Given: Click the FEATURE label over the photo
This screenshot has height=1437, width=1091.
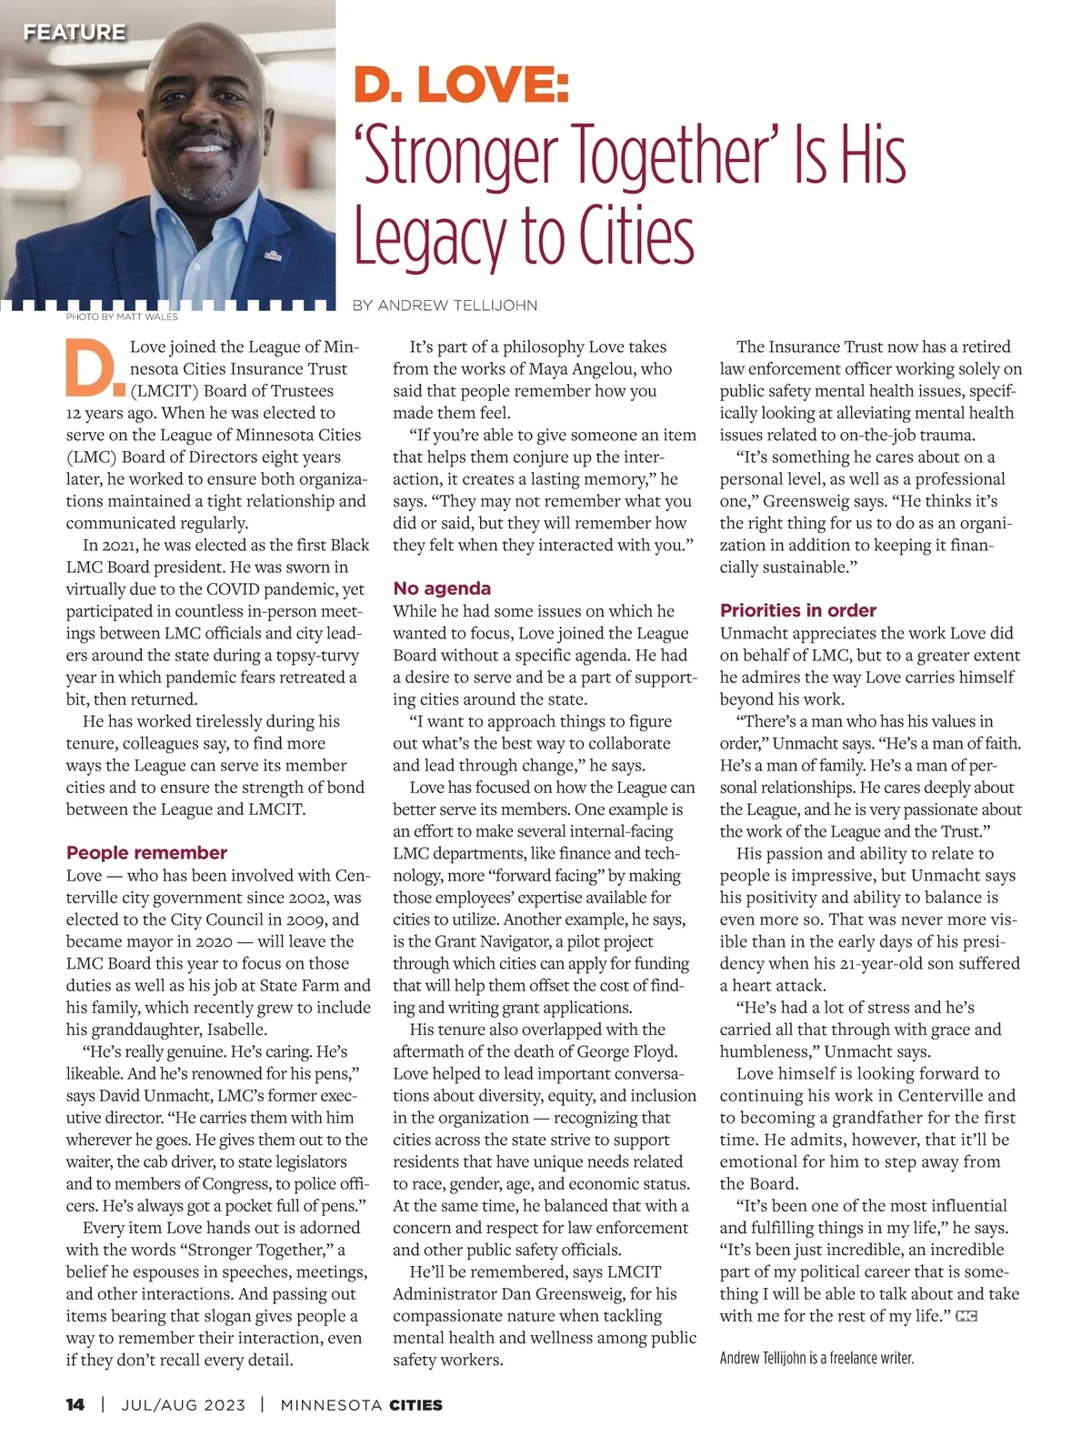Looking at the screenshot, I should (x=74, y=33).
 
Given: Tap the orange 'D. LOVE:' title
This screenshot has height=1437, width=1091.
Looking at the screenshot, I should (x=461, y=85).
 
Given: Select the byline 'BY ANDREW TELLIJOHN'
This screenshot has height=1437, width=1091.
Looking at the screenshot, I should (x=445, y=306).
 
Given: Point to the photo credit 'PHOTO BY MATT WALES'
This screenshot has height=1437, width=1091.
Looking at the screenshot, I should (x=122, y=317).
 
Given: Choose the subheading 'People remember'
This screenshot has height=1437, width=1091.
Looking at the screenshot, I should (x=146, y=853).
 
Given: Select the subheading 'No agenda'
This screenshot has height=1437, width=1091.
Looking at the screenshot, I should (x=442, y=588).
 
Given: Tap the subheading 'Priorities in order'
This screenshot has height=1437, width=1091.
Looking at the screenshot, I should (x=797, y=610).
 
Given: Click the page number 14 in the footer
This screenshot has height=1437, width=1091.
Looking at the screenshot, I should (x=75, y=1404).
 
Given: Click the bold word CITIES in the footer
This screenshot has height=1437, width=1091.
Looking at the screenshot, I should (x=415, y=1404).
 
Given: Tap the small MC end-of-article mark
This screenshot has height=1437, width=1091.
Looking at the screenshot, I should (x=966, y=1316).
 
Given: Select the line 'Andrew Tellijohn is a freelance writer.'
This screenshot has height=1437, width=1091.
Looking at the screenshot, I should (x=816, y=1358).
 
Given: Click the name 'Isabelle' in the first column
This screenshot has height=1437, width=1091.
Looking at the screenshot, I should (x=237, y=1030).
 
